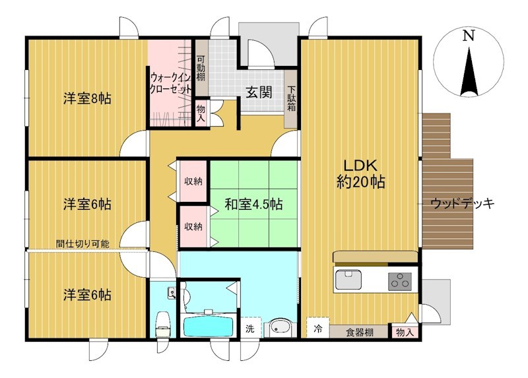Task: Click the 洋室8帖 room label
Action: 87,99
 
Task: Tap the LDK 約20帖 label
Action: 360,173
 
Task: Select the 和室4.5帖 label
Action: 253,205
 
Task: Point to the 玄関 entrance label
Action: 259,92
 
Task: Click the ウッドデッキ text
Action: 463,203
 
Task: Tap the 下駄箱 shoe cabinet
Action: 291,99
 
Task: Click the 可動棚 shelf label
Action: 201,68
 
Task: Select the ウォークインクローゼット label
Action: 171,84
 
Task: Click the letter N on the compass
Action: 468,36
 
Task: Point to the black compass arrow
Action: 469,72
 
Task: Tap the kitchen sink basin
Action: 348,280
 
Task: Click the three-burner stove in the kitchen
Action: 400,282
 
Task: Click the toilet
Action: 163,324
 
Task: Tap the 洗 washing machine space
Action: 250,327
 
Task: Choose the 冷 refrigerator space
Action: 317,327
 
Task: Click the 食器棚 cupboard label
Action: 360,332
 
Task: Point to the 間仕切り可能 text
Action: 83,243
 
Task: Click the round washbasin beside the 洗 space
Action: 279,327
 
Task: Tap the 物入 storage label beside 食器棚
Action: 405,332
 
